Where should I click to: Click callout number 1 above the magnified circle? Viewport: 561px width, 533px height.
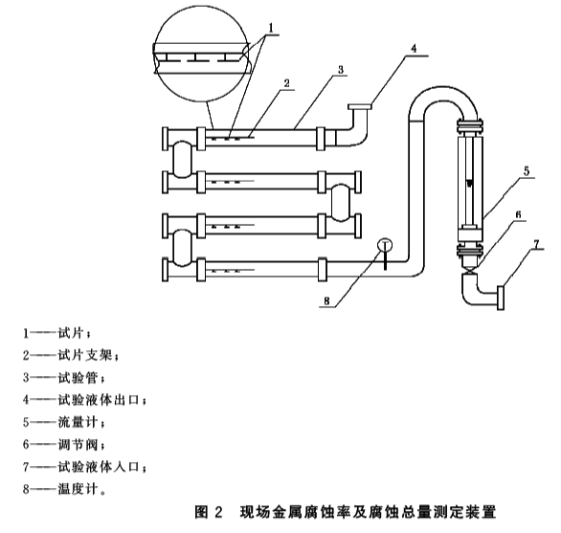[x=271, y=28]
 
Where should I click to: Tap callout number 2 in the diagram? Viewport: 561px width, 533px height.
[x=286, y=83]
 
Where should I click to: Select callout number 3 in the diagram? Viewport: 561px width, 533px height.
[x=341, y=70]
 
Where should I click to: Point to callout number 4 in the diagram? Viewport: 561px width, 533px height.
[x=414, y=48]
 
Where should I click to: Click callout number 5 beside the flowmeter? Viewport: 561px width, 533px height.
[x=527, y=171]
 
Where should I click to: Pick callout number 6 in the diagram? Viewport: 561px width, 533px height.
[x=518, y=214]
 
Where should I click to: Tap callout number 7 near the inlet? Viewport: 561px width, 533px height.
[x=536, y=244]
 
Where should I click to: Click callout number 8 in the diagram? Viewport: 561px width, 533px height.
[x=326, y=301]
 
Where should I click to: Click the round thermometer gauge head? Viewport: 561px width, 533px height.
[x=385, y=245]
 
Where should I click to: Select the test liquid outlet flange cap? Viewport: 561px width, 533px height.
[x=360, y=106]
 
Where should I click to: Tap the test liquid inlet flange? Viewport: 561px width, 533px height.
[x=501, y=297]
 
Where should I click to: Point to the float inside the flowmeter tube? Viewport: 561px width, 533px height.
[x=470, y=183]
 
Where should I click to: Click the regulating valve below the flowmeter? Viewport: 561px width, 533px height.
[x=469, y=269]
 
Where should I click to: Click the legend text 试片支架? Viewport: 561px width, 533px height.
[x=85, y=355]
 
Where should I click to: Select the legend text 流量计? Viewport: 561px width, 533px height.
[x=78, y=422]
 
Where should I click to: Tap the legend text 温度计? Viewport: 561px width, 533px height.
[x=78, y=489]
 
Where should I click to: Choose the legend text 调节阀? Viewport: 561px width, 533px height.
[x=78, y=445]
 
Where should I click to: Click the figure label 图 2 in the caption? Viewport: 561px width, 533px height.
[x=209, y=512]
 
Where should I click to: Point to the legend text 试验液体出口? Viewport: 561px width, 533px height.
[x=99, y=400]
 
